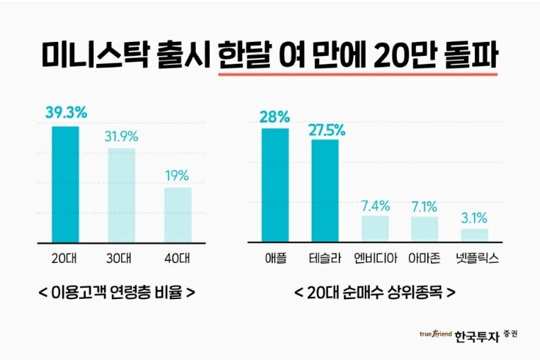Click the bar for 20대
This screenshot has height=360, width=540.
click(66, 184)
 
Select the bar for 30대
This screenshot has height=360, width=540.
click(121, 195)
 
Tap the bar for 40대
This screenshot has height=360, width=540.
click(178, 215)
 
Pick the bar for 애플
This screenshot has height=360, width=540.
click(275, 185)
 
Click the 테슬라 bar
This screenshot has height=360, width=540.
click(325, 191)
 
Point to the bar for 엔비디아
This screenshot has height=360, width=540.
click(375, 228)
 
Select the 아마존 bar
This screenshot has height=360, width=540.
click(424, 229)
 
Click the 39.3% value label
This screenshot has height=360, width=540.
click(66, 113)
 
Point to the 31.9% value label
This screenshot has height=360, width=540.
click(121, 136)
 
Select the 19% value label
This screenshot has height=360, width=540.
click(177, 175)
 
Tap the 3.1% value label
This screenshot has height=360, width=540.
click(474, 217)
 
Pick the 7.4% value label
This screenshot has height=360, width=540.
click(376, 206)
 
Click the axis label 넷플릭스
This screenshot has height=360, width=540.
click(475, 258)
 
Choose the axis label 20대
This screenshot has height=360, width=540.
click(66, 258)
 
